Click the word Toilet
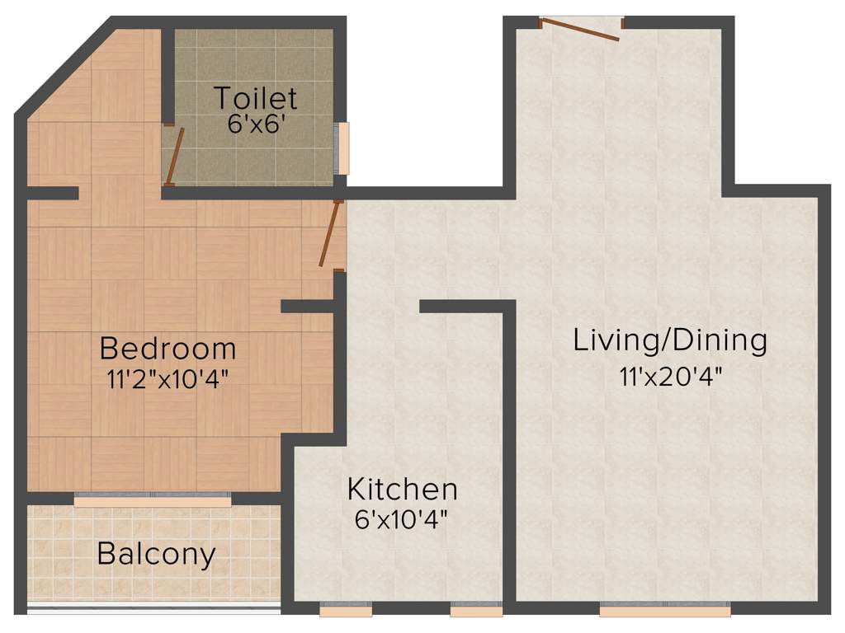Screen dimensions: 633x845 pyautogui.click(x=256, y=98)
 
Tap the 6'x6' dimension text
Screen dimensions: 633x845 pyautogui.click(x=256, y=125)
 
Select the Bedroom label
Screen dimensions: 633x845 pyautogui.click(x=168, y=349)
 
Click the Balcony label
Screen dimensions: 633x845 pyautogui.click(x=157, y=553)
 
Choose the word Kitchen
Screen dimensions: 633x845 pyautogui.click(x=402, y=489)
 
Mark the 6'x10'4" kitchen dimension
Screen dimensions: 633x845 pyautogui.click(x=402, y=519)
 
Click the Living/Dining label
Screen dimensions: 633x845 pyautogui.click(x=670, y=340)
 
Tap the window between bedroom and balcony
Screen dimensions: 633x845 pyautogui.click(x=153, y=501)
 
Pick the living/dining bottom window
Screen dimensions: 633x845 pyautogui.click(x=664, y=611)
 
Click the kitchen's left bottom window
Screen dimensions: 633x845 pyautogui.click(x=345, y=611)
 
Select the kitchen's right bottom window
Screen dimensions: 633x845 pyautogui.click(x=476, y=611)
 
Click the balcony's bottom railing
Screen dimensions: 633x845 pyautogui.click(x=153, y=608)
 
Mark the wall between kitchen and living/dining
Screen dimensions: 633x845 pyautogui.click(x=509, y=453)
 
